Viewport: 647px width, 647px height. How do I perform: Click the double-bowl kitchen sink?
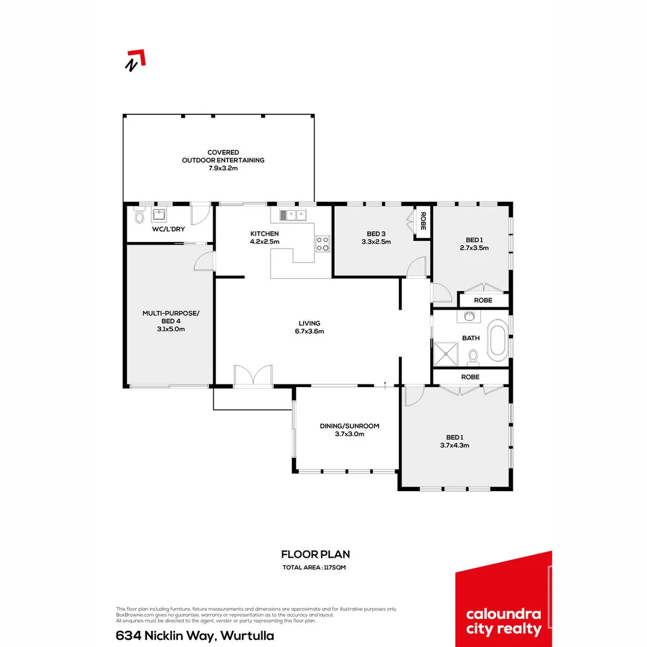tap(292, 214)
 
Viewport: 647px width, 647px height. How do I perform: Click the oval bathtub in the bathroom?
tap(498, 341)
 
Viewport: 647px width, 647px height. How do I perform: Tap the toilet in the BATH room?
tap(473, 357)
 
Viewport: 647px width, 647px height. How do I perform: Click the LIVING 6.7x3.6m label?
tap(310, 327)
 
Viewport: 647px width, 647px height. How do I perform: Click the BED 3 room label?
tap(376, 238)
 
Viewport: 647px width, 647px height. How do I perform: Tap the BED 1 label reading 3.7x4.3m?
tap(458, 441)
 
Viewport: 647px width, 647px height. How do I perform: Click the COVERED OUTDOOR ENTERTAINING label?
tap(223, 160)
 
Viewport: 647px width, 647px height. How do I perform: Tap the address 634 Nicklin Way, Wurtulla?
tap(195, 636)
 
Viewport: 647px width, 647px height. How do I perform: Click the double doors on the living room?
tap(253, 376)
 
